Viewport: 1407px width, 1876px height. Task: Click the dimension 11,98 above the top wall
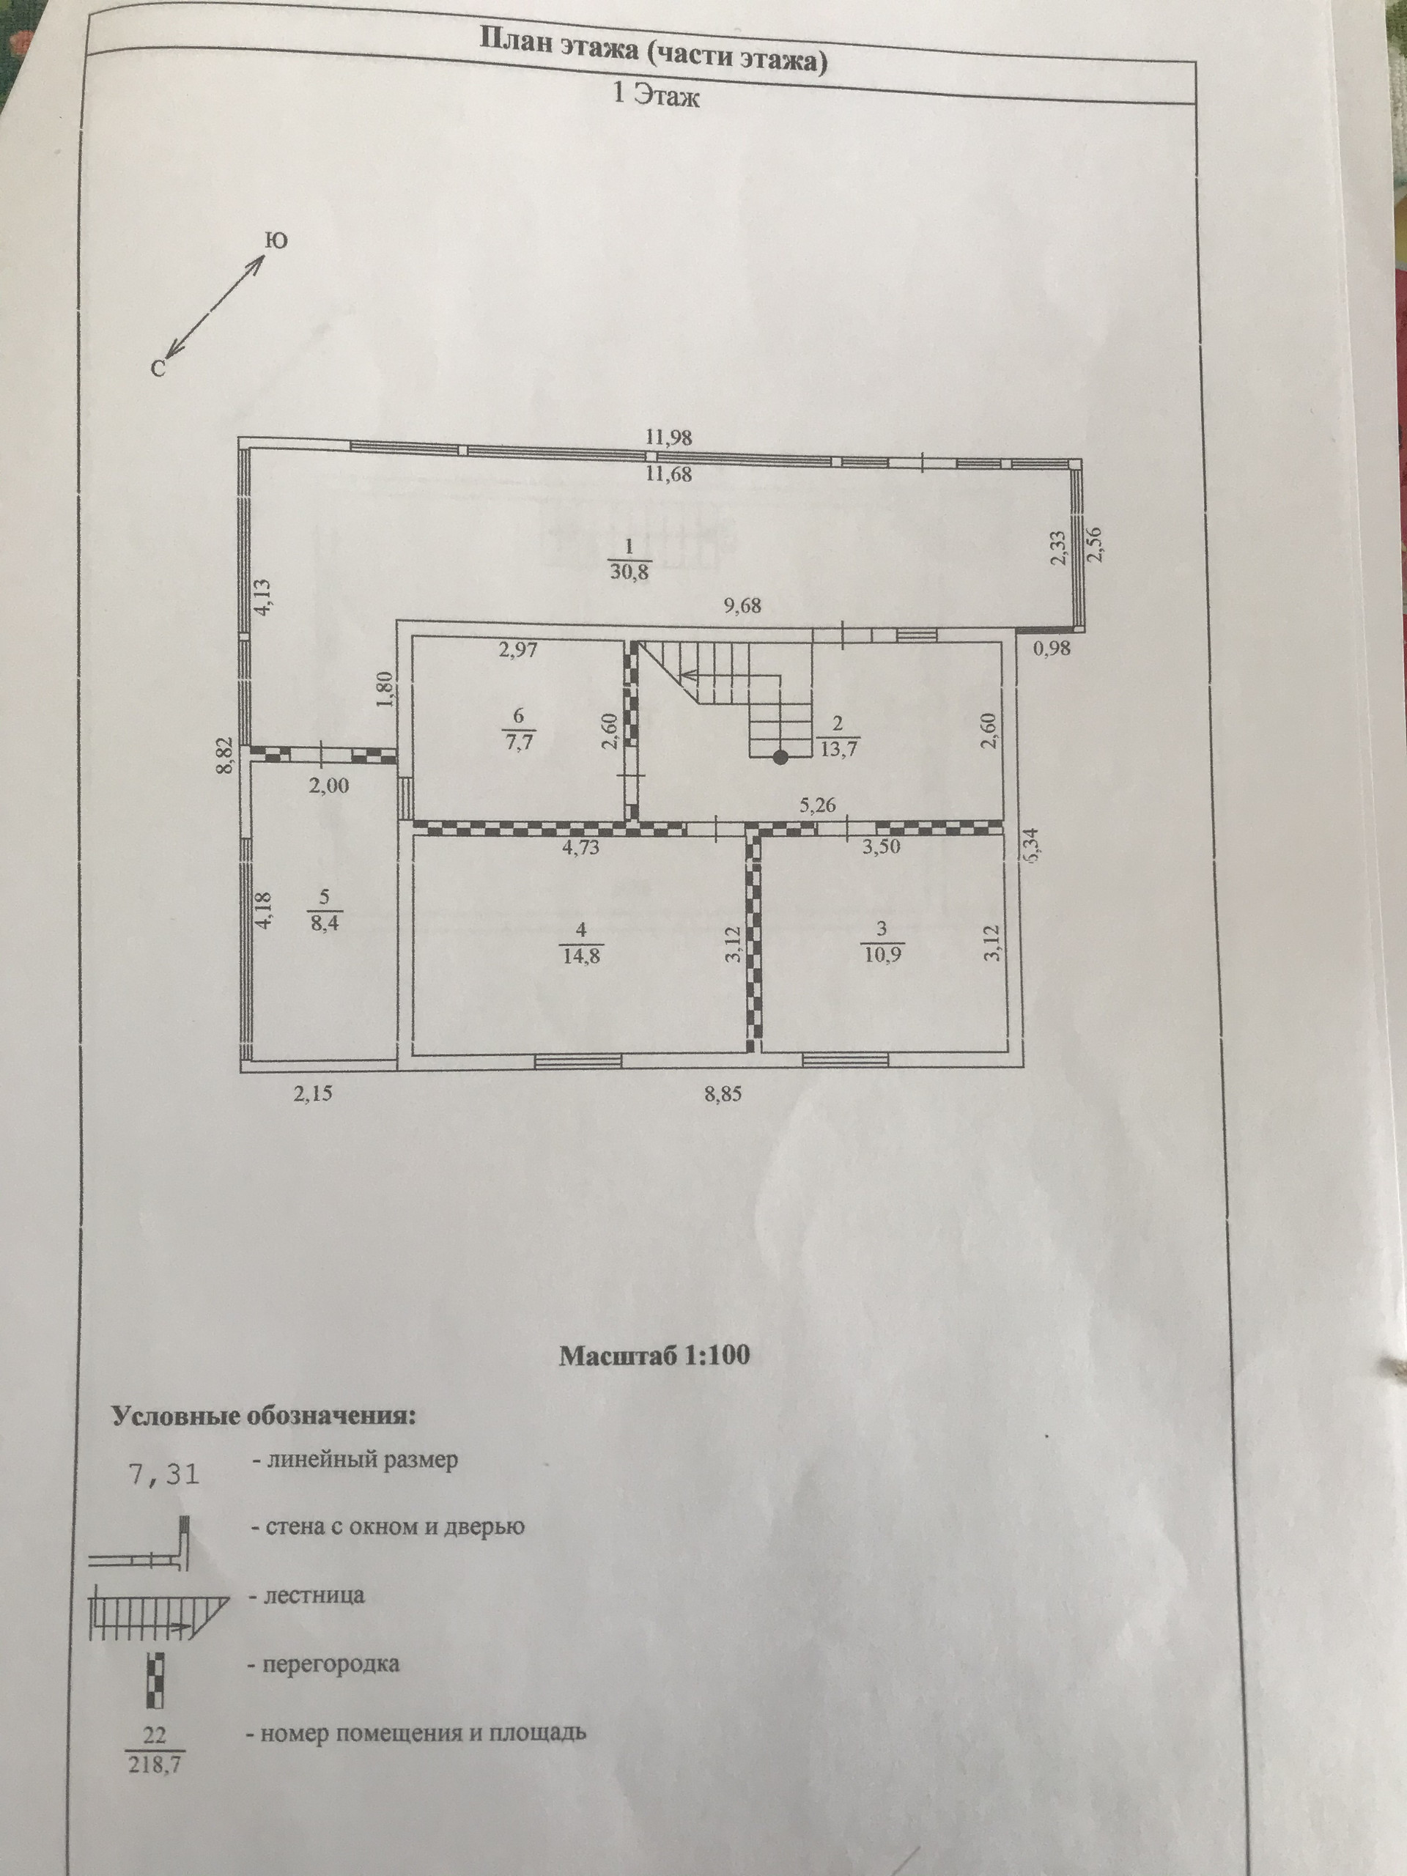click(668, 438)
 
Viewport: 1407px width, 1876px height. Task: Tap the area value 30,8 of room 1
click(629, 572)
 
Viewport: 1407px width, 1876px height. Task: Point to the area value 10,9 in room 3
click(882, 955)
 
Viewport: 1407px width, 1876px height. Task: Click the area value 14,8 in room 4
click(581, 956)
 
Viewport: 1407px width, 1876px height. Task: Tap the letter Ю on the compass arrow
click(276, 241)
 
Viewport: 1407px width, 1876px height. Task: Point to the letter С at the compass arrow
click(158, 366)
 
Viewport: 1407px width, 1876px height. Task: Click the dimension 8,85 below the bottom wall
click(723, 1094)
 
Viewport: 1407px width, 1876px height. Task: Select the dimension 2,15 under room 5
click(312, 1094)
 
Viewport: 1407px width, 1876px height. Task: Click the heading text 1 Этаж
click(657, 96)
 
